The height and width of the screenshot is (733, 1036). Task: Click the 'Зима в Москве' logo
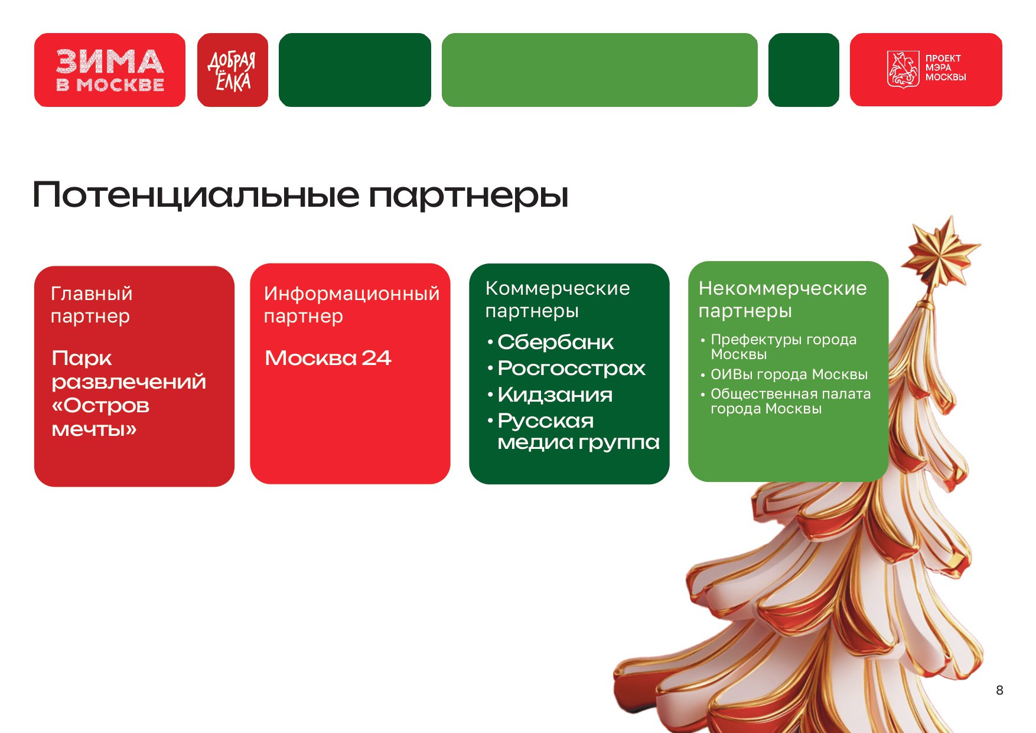tap(110, 70)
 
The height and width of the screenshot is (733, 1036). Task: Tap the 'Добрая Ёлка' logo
tap(232, 70)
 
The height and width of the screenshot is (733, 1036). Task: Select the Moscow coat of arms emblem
tap(903, 69)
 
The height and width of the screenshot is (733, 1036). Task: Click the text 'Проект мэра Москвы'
tap(945, 67)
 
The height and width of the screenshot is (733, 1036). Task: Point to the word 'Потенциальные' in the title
tap(196, 195)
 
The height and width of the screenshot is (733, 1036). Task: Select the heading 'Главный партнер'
tap(92, 305)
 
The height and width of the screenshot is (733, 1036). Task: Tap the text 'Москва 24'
tap(328, 358)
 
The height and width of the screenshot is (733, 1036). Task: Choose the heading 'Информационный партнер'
tap(351, 305)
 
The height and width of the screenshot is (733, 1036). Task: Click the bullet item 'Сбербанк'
tap(555, 342)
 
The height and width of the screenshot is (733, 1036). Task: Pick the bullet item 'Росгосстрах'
tap(571, 369)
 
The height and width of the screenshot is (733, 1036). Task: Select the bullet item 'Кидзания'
tap(555, 395)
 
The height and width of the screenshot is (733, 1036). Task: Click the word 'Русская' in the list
tap(545, 421)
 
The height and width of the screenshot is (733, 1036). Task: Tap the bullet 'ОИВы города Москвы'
tap(789, 374)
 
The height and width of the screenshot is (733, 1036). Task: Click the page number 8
tap(999, 690)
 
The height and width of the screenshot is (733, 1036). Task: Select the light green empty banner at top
tap(600, 70)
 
